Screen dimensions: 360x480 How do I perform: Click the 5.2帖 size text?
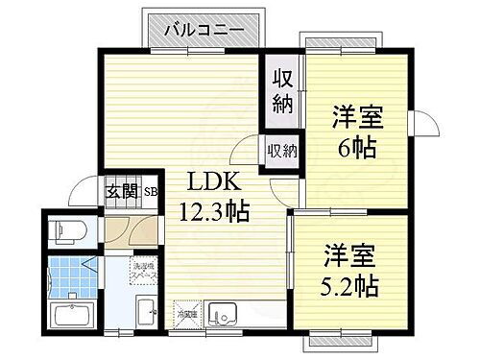pos(348,285)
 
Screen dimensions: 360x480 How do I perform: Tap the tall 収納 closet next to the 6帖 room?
pos(280,92)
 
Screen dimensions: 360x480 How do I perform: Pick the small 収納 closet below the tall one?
pos(281,152)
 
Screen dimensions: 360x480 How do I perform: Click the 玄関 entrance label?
pos(122,191)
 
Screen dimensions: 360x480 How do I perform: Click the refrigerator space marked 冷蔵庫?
pos(185,313)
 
